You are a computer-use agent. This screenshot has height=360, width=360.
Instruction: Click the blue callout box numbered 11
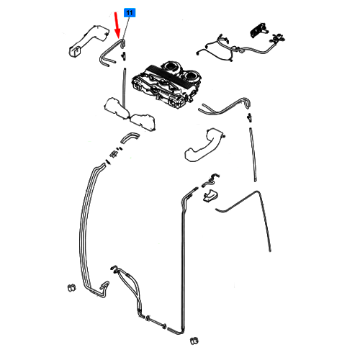coord(130,13)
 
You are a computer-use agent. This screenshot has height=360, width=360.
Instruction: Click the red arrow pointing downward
coord(117,24)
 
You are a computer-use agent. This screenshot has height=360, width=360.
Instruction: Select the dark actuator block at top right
coord(258,30)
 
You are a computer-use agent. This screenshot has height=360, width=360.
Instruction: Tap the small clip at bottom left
coord(71,287)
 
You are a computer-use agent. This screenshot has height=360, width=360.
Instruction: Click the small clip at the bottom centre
coord(194,341)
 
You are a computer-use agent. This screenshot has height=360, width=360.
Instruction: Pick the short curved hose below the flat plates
coord(130,138)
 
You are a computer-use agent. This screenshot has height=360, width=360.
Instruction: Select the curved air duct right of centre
coord(204,145)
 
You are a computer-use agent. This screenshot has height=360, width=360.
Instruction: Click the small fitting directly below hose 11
coord(123,56)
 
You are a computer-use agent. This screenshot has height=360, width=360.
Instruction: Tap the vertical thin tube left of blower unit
coord(124,88)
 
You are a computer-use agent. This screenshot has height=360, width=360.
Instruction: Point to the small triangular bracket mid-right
coord(210,195)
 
